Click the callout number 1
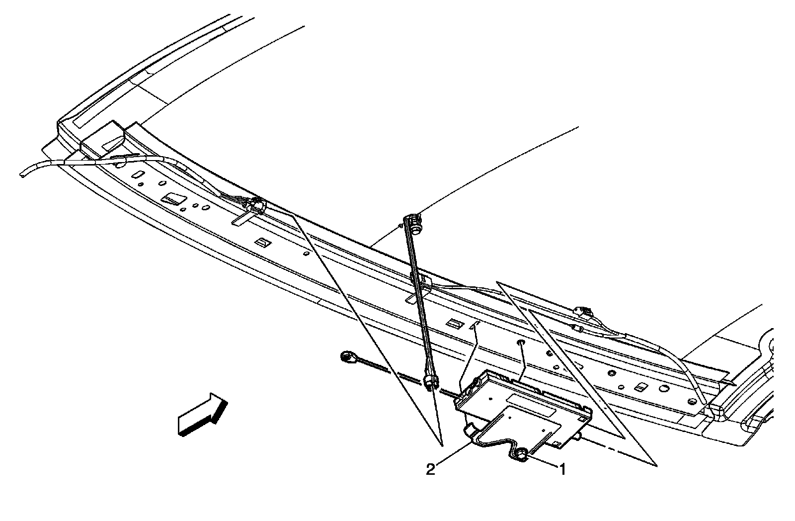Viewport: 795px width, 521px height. (x=562, y=469)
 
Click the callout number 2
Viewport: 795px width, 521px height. (x=431, y=469)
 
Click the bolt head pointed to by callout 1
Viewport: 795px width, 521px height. (x=522, y=453)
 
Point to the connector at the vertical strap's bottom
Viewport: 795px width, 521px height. (x=430, y=381)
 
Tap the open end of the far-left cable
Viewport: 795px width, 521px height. (x=23, y=174)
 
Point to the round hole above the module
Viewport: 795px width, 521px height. (x=520, y=343)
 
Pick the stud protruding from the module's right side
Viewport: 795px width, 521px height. (x=579, y=437)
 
